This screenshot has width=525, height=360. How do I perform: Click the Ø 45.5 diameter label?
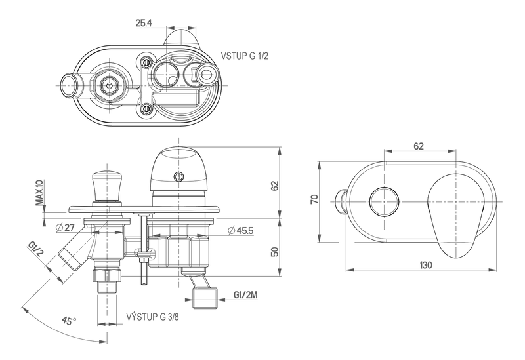pyautogui.click(x=240, y=231)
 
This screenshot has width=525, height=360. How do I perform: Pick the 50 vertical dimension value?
pyautogui.click(x=276, y=251)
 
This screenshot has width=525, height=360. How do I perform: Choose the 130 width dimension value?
pyautogui.click(x=426, y=265)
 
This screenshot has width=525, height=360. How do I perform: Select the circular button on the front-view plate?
pyautogui.click(x=384, y=201)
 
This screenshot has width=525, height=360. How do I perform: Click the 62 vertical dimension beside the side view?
pyautogui.click(x=276, y=186)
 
